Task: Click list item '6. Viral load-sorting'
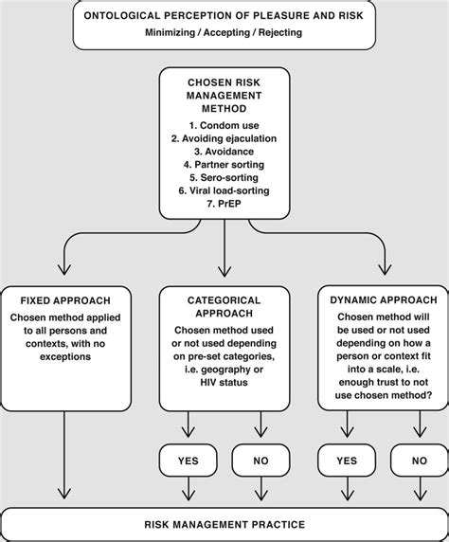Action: click(x=224, y=190)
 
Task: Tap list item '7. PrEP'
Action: click(x=224, y=204)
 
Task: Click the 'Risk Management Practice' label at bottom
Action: click(x=224, y=523)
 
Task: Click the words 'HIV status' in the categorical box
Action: click(x=224, y=407)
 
